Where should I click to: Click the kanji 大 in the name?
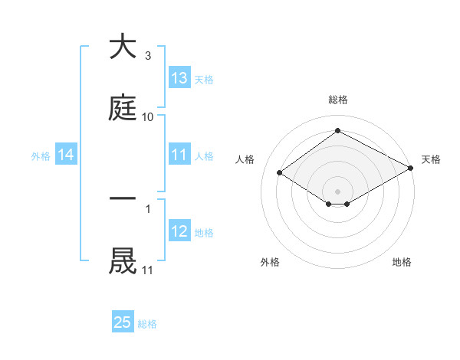[x=123, y=47]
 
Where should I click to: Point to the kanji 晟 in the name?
[x=123, y=260]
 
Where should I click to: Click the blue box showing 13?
[x=179, y=78]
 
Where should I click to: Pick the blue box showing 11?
[x=179, y=155]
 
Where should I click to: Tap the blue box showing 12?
[x=179, y=232]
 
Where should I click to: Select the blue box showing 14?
[x=66, y=155]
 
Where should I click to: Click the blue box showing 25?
[x=123, y=323]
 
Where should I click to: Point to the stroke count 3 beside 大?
[x=147, y=56]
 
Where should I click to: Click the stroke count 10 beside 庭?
[x=147, y=116]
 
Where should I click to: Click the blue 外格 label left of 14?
[x=41, y=156]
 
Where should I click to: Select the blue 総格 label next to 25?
[x=147, y=324]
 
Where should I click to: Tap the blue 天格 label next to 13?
[x=204, y=79]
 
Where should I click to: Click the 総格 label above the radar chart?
[x=337, y=100]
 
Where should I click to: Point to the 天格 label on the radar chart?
[x=431, y=159]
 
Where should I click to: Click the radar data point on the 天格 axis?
[x=412, y=168]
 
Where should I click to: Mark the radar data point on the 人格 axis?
[x=280, y=173]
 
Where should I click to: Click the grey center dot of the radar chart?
[x=337, y=191]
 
